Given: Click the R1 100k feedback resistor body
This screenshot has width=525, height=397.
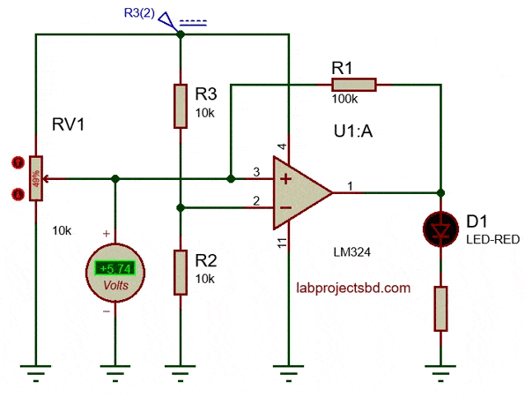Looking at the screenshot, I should click(354, 85).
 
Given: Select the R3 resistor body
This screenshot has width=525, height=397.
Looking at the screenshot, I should click(180, 105).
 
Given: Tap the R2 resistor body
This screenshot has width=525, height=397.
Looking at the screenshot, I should click(180, 272).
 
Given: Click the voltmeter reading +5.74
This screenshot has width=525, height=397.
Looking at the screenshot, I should click(115, 268).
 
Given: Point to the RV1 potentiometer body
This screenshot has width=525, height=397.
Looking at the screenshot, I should click(36, 178).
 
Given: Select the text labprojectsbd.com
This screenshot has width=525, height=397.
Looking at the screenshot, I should click(354, 288).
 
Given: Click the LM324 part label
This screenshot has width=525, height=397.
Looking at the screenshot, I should click(352, 252).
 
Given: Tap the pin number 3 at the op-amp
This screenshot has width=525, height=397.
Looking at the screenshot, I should click(256, 171).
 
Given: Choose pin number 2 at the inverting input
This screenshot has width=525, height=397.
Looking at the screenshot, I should click(256, 201).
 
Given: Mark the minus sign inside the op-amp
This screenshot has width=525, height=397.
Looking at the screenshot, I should click(286, 208).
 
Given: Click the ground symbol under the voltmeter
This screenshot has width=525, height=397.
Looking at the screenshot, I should click(115, 372).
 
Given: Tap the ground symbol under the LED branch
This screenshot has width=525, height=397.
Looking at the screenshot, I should click(440, 372).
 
